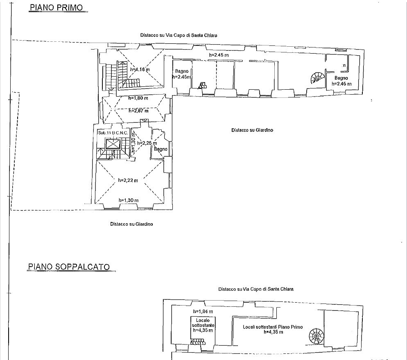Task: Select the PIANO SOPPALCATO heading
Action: [69, 267]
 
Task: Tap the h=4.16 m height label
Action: [140, 70]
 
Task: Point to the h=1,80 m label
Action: [138, 98]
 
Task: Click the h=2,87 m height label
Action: [138, 111]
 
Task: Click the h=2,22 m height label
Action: [128, 180]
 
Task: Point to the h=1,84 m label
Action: [203, 311]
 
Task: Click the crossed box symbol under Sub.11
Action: [113, 144]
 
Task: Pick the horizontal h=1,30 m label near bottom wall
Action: [129, 200]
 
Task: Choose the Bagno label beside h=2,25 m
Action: [161, 149]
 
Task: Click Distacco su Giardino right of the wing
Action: [252, 130]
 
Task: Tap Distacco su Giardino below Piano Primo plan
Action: [131, 224]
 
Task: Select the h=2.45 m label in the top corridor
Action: [219, 55]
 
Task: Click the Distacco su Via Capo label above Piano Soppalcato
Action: [256, 289]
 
